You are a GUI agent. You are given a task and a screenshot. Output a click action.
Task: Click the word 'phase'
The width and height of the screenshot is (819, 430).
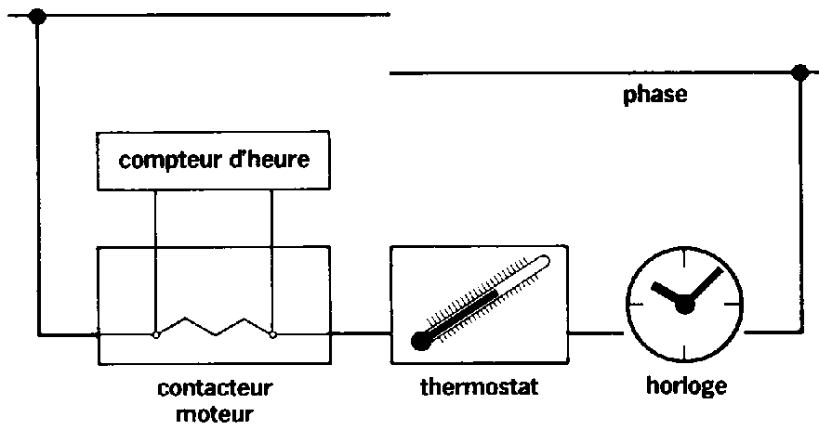[x=655, y=95]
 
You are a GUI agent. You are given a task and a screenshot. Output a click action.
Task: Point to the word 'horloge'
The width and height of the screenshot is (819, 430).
[x=686, y=384]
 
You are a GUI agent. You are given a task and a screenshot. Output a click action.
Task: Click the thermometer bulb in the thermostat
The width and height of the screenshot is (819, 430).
[x=421, y=340]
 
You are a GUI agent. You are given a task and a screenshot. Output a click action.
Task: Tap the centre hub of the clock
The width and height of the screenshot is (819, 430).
[x=686, y=305]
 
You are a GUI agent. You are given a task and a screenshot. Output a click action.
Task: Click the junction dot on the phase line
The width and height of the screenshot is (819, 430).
[x=798, y=72]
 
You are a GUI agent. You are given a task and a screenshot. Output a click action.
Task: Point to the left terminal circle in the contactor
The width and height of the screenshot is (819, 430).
[x=155, y=333]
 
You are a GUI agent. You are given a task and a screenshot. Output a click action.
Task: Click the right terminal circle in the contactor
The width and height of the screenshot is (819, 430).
[x=271, y=333]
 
